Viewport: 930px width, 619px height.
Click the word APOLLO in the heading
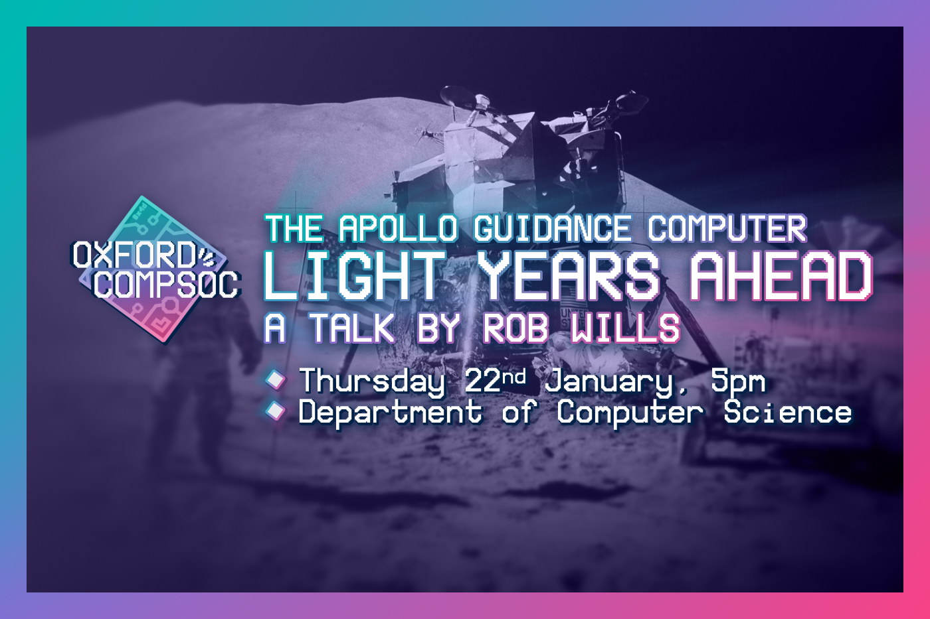coord(399,228)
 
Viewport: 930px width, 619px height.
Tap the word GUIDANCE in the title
coord(552,228)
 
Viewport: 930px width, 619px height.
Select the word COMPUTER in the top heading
coord(727,228)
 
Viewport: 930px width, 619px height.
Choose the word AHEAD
coord(783,276)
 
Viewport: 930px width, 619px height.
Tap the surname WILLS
coord(625,328)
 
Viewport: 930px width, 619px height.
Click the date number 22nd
coord(495,379)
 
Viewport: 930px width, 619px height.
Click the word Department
coord(391,413)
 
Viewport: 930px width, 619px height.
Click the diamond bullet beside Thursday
coord(275,379)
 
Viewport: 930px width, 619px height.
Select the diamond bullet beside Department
coord(275,411)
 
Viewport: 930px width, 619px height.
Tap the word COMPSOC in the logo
coord(167,285)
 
